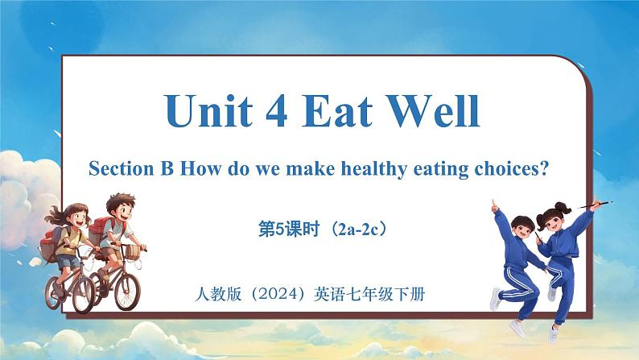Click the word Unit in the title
point(208,110)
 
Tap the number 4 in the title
point(277,110)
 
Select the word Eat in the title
point(336,110)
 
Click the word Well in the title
point(433,110)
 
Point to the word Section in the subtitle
point(121,168)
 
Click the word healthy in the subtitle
point(374,169)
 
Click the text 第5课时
point(289,230)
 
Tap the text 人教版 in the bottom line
point(218,293)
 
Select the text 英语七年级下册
point(369,293)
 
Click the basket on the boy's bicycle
point(132,251)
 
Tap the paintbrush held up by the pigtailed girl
point(594,205)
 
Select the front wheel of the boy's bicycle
point(127,291)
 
